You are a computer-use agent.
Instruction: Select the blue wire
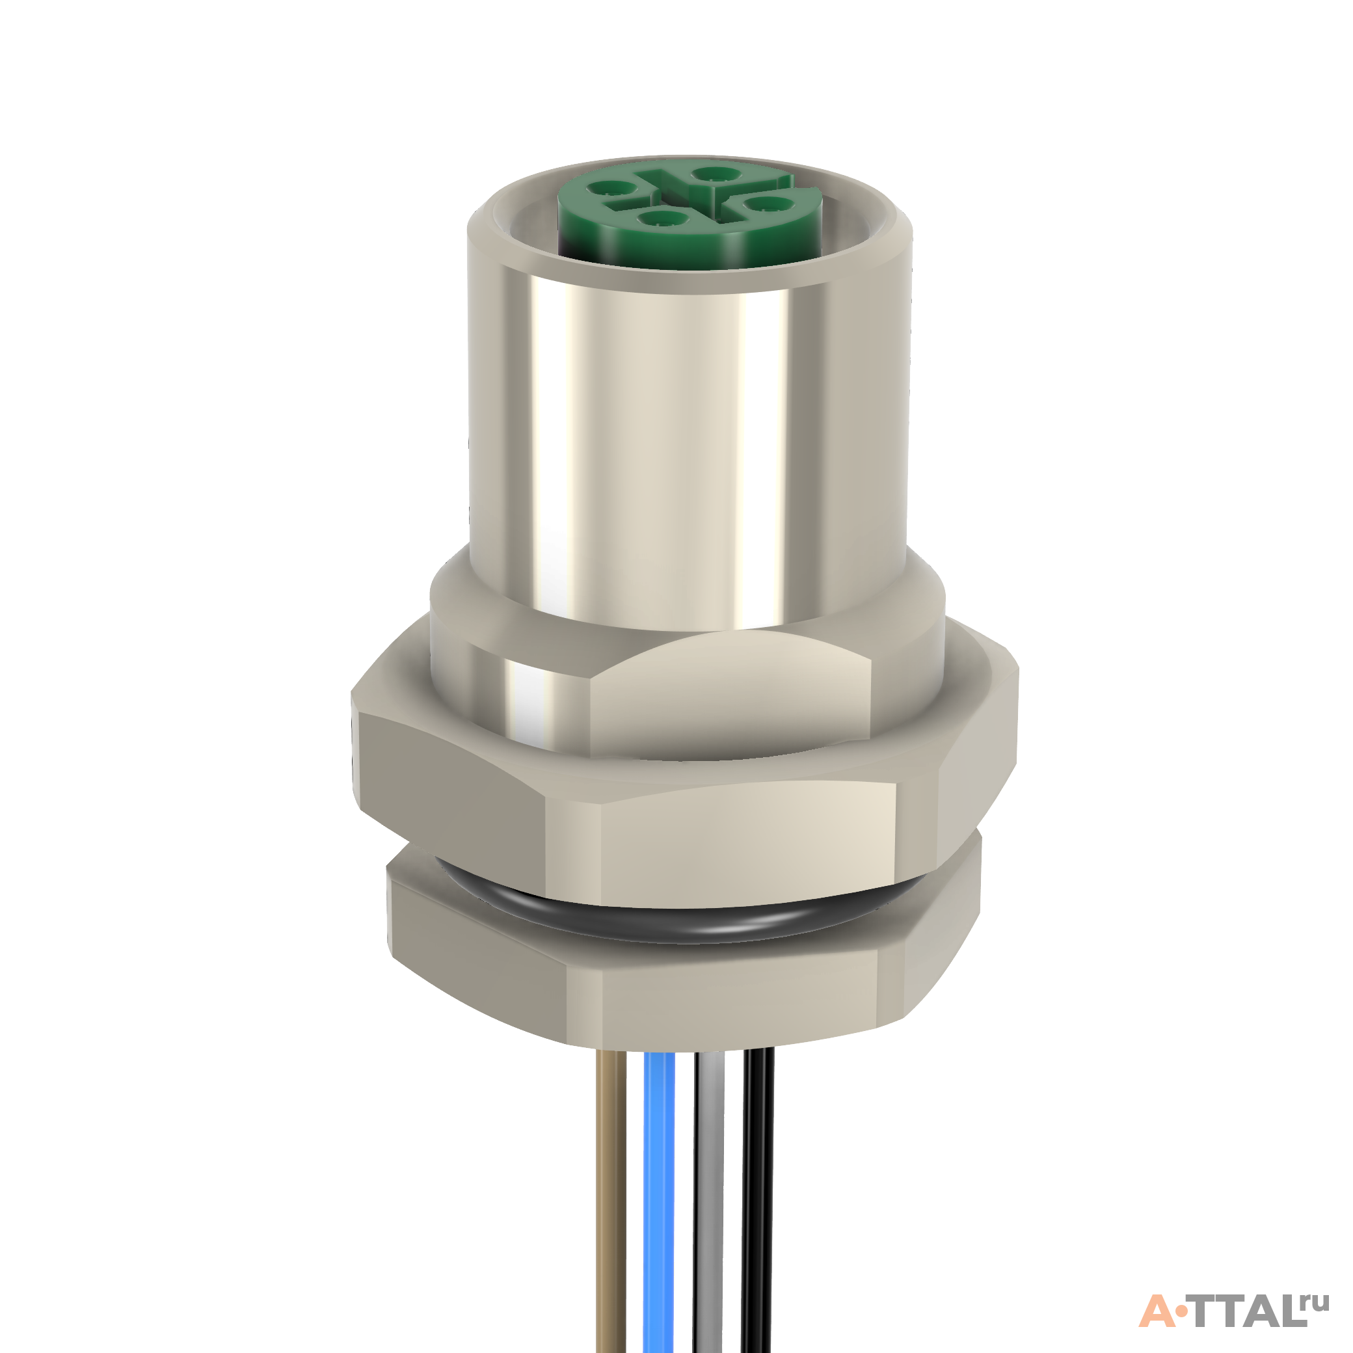[658, 1201]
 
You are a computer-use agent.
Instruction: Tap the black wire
[757, 1201]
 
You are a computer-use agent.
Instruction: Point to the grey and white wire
[708, 1201]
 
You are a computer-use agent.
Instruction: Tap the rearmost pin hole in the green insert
[714, 173]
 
